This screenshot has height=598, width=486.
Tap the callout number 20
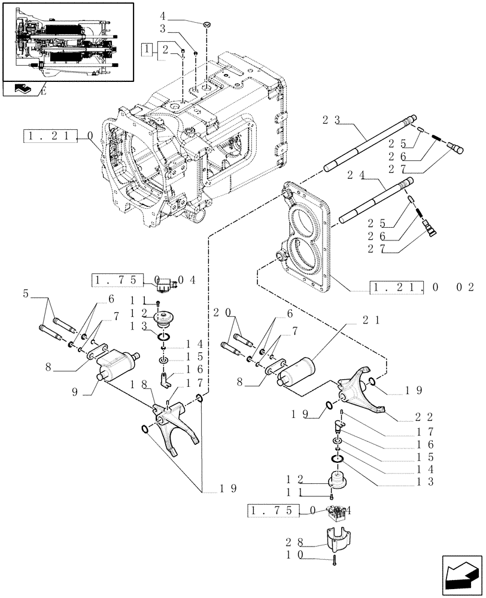(218, 312)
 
